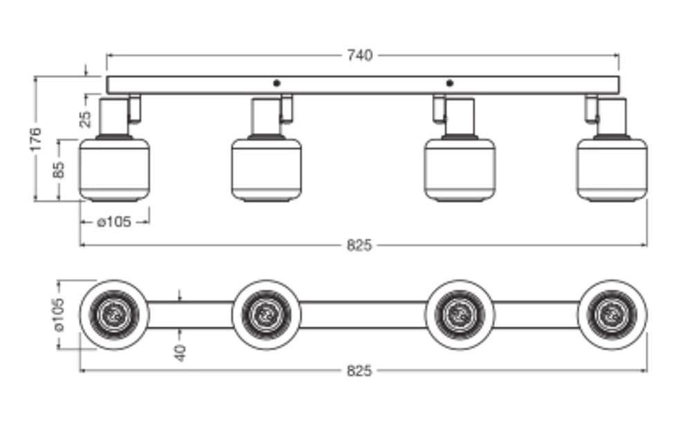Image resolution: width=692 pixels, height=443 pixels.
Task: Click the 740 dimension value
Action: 360,55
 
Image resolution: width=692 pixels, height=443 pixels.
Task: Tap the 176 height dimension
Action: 36,138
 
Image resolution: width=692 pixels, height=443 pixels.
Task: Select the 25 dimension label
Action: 85,118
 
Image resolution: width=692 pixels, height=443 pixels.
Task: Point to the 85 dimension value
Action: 59,170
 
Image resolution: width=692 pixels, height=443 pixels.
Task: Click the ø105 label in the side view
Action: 114,222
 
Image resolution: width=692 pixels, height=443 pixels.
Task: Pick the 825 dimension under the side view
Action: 359,245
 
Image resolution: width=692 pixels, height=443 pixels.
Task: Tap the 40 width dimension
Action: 180,353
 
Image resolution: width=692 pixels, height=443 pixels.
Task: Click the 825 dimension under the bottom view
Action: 359,371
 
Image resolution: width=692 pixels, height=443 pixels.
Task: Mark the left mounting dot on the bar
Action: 277,83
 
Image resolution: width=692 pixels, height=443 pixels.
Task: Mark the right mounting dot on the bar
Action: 450,83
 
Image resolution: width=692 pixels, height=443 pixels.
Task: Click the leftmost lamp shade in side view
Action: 114,170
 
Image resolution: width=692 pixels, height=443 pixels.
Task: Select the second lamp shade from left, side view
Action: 266,170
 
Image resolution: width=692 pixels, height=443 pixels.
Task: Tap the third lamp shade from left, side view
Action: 459,170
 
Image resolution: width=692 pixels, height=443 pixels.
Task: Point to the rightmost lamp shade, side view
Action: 612,170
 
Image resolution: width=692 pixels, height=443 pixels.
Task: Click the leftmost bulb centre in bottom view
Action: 113,315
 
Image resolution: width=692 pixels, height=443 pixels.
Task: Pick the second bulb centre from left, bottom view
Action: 266,315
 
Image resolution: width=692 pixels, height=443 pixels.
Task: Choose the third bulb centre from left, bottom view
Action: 459,315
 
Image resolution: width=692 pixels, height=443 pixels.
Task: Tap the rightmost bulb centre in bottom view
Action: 612,315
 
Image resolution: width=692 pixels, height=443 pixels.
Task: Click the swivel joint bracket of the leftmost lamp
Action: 135,107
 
